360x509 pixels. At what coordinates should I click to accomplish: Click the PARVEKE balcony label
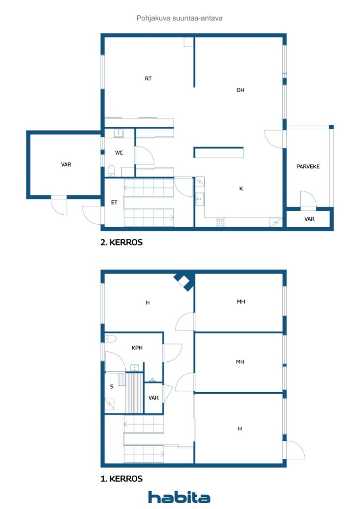click(x=308, y=167)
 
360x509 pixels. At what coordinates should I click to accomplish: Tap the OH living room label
click(x=240, y=90)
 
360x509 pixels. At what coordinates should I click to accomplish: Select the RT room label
click(x=148, y=79)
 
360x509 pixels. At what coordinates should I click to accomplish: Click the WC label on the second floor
click(x=119, y=153)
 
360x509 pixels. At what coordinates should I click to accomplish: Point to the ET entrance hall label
click(x=114, y=202)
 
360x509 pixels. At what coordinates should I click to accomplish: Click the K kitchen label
click(x=241, y=189)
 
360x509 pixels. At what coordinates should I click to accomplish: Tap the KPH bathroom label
click(x=137, y=348)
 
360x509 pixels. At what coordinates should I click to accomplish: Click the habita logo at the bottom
click(x=179, y=497)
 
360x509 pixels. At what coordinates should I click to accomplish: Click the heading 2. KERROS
click(x=121, y=243)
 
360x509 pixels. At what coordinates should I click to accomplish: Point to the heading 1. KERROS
click(x=121, y=479)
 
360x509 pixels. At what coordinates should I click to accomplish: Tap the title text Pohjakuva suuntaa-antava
click(x=180, y=18)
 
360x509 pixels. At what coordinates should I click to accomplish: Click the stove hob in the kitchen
click(x=220, y=222)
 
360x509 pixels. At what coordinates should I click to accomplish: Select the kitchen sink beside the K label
click(x=199, y=199)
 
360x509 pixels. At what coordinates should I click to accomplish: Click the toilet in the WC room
click(x=112, y=172)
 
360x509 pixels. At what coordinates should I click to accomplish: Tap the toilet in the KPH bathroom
click(x=111, y=339)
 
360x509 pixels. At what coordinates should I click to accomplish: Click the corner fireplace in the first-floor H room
click(x=184, y=282)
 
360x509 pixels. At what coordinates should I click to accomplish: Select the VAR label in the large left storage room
click(x=66, y=165)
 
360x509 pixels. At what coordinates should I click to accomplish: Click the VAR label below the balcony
click(x=309, y=219)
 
